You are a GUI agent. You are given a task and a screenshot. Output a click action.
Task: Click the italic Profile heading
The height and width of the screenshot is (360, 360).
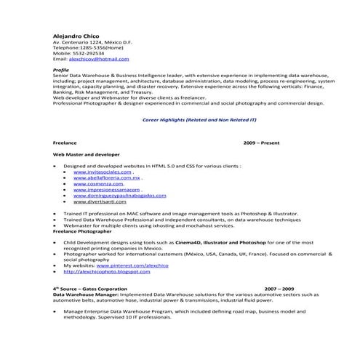click(61, 69)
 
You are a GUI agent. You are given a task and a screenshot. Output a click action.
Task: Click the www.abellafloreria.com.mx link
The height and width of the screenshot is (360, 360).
click(106, 177)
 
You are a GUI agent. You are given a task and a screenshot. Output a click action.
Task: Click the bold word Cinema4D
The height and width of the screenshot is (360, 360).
click(188, 241)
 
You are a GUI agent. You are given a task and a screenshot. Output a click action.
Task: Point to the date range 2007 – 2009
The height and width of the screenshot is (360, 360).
click(279, 289)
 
